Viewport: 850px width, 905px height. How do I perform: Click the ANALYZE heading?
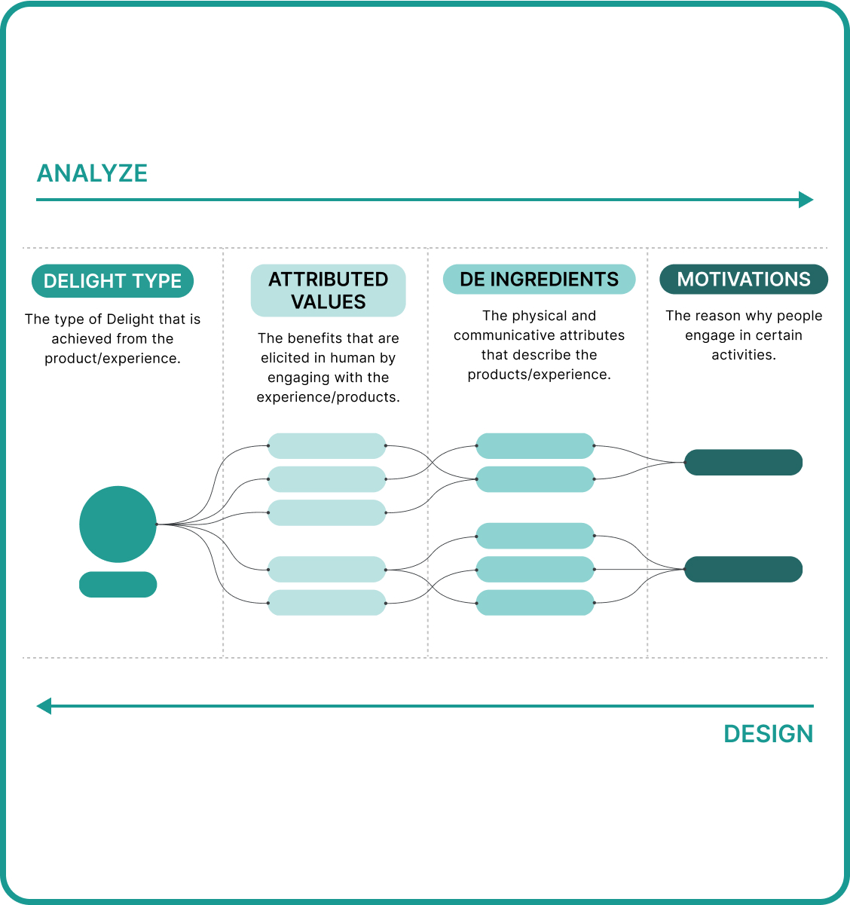[92, 173]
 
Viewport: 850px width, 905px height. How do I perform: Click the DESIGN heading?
[768, 734]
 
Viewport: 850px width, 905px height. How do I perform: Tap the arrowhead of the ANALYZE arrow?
[806, 200]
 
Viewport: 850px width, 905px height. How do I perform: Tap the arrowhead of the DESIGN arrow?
[44, 706]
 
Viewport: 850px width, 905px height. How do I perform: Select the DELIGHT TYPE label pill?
[112, 281]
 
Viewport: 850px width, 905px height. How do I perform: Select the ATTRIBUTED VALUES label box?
[328, 290]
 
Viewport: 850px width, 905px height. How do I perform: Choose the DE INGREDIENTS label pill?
[539, 279]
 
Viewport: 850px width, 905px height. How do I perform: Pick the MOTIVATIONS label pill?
[744, 279]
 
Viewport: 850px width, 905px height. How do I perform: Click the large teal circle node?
[118, 524]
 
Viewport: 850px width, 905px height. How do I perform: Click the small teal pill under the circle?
[118, 585]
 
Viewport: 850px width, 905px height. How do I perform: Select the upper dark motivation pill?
[743, 462]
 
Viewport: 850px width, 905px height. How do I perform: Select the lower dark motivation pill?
[743, 569]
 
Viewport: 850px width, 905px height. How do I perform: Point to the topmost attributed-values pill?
[327, 446]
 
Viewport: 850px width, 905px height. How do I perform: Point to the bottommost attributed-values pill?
[327, 603]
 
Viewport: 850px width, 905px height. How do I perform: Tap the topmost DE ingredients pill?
[535, 446]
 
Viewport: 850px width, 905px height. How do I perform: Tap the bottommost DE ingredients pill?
[535, 603]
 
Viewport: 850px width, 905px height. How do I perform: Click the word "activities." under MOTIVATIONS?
[744, 355]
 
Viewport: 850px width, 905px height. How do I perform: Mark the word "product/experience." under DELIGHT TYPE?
[112, 359]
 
